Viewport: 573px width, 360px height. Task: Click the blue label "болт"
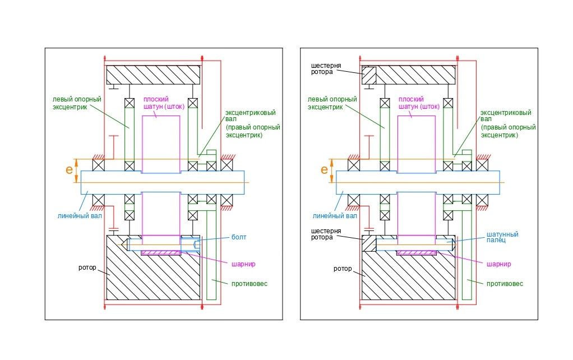coord(238,237)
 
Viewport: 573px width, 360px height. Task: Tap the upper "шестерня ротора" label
coord(322,68)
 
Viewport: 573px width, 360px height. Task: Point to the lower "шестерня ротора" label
coord(322,233)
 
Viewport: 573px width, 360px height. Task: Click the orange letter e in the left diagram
coord(69,169)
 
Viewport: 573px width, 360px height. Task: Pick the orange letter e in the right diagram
coord(325,169)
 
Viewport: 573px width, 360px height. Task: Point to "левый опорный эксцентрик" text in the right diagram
coord(332,103)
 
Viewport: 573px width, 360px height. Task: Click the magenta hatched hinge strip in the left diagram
coord(161,253)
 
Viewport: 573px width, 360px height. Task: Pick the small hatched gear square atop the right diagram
coord(369,75)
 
